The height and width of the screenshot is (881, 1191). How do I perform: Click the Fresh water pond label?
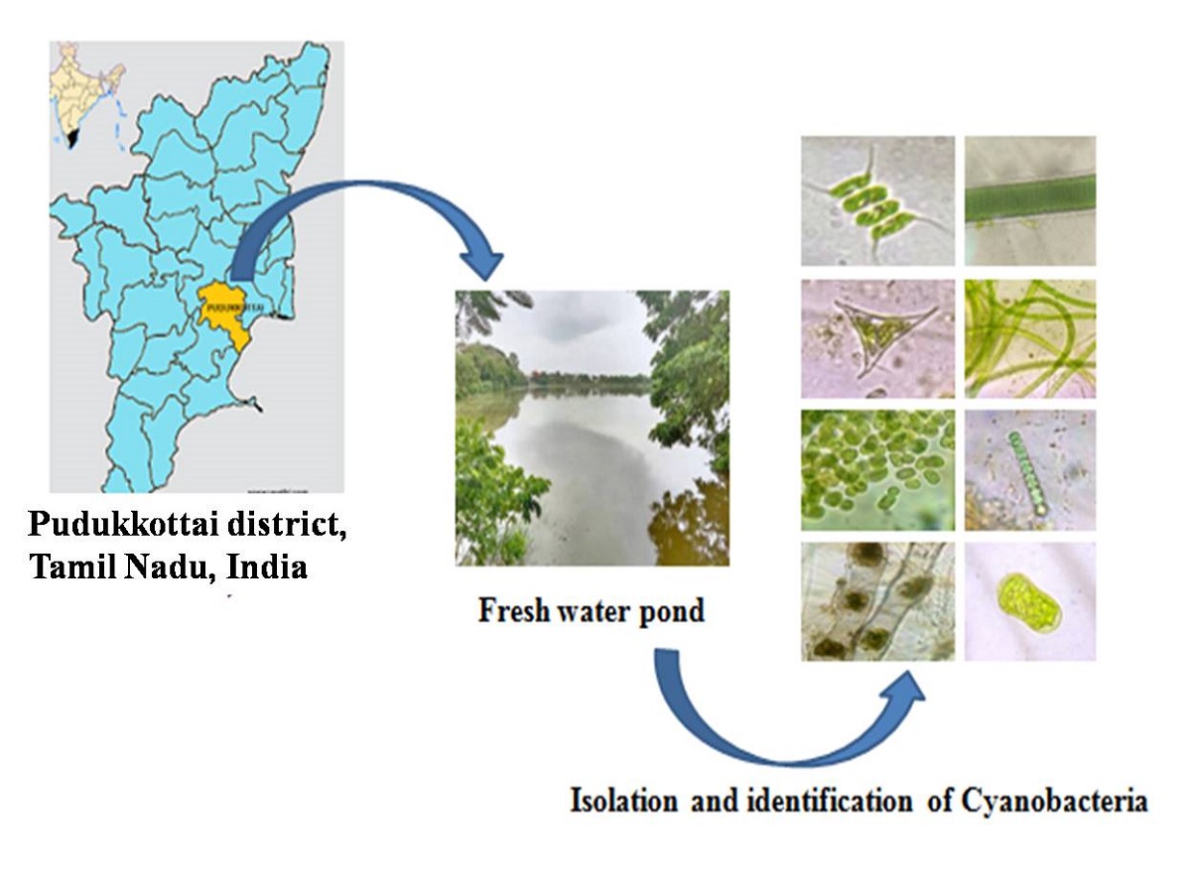[x=591, y=609]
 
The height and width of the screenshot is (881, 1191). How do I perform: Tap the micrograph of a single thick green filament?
[x=1030, y=200]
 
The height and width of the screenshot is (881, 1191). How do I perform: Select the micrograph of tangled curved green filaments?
[x=1030, y=337]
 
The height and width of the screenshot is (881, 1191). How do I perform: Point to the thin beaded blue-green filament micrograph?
[x=1030, y=469]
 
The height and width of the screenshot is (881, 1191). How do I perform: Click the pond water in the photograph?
[x=586, y=466]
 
